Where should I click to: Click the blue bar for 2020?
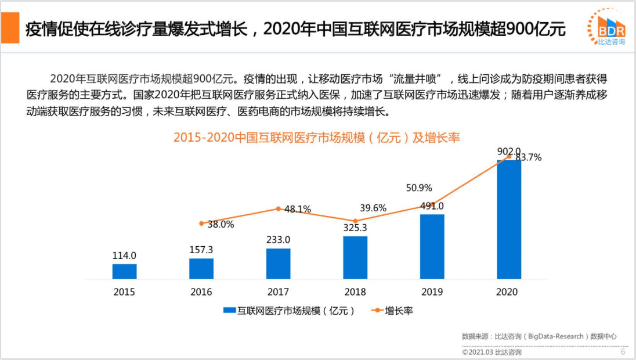[509, 219]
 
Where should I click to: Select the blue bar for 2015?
[124, 272]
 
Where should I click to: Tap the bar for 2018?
[355, 258]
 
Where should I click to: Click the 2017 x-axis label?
[278, 292]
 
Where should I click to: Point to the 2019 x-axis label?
[432, 292]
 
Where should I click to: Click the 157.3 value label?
[201, 250]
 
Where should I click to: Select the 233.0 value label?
[279, 240]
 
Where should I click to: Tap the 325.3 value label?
[355, 228]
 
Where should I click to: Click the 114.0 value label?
[124, 255]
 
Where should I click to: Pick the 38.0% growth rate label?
[221, 225]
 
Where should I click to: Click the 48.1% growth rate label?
[298, 209]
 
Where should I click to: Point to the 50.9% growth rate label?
[419, 188]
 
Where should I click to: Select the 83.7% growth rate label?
[528, 157]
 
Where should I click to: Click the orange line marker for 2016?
[201, 223]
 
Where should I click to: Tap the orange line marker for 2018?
[355, 221]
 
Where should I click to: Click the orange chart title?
[316, 138]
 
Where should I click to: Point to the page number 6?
[623, 351]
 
